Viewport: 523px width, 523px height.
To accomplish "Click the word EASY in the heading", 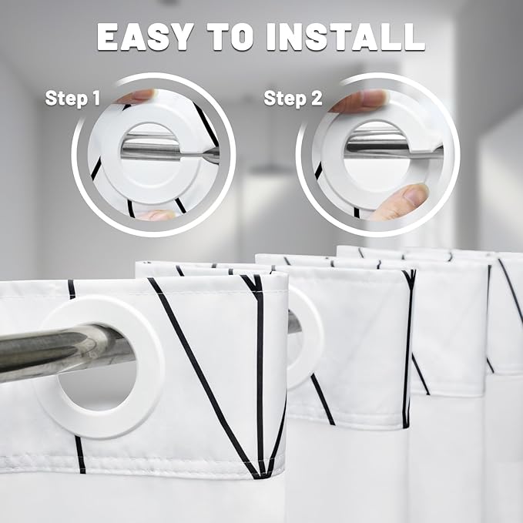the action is coord(146,36).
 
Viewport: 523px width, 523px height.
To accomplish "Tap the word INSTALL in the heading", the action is coord(346,36).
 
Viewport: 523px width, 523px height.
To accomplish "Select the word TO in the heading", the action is coord(230,36).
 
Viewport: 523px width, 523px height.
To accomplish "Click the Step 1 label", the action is coord(72,98).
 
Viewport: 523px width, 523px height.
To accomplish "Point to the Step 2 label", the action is coord(293,99).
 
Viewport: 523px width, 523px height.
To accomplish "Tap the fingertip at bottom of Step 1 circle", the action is coord(156,215).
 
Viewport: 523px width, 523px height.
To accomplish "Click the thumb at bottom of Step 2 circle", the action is coord(401,203).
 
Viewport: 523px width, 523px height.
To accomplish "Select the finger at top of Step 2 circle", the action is coord(360,99).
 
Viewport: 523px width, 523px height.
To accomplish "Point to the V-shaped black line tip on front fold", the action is coord(260,475).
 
